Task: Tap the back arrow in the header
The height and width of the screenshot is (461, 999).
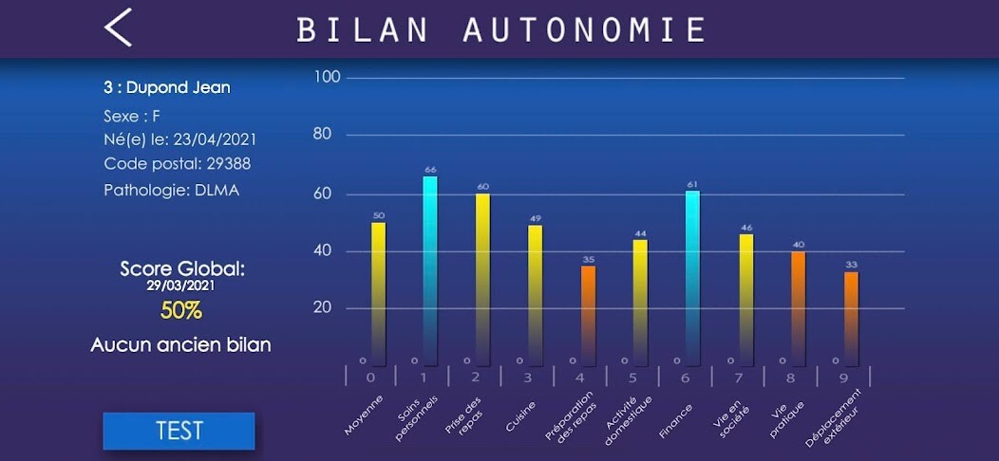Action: pyautogui.click(x=118, y=28)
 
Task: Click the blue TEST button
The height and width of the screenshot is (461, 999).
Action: pyautogui.click(x=179, y=431)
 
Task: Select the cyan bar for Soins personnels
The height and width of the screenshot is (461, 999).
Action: pyautogui.click(x=430, y=270)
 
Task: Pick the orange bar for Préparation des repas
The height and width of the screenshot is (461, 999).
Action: pyautogui.click(x=588, y=315)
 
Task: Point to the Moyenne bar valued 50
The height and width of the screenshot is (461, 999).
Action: pyautogui.click(x=379, y=293)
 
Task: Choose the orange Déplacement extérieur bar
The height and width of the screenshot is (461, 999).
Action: pyautogui.click(x=851, y=318)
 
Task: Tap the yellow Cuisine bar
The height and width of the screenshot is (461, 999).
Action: pyautogui.click(x=536, y=294)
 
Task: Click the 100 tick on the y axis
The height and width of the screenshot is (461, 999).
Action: pyautogui.click(x=328, y=77)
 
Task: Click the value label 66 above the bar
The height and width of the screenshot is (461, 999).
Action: pyautogui.click(x=430, y=170)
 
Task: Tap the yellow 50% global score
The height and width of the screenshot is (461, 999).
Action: pyautogui.click(x=180, y=310)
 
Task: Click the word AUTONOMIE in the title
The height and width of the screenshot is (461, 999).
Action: pyautogui.click(x=584, y=29)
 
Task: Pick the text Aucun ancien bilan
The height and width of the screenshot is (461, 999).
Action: pyautogui.click(x=180, y=345)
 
